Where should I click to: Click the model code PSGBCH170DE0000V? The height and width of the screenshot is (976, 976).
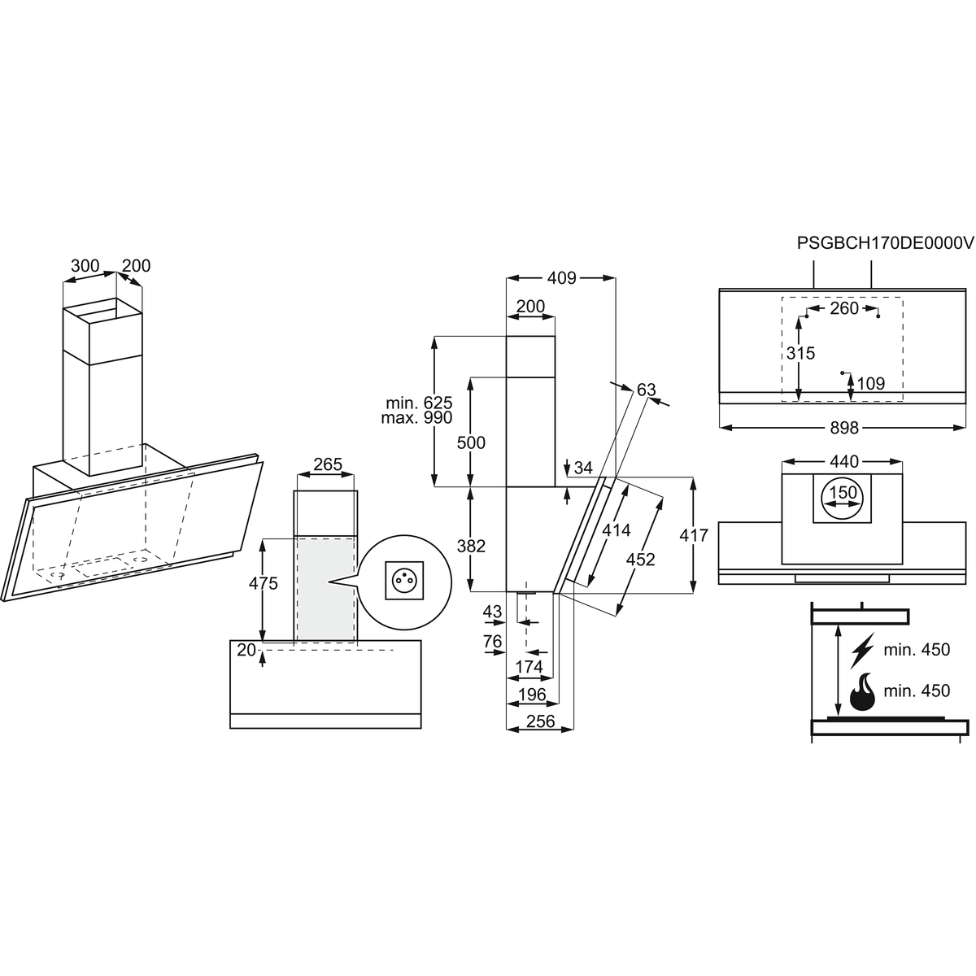pyautogui.click(x=886, y=243)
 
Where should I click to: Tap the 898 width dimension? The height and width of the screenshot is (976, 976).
pyautogui.click(x=844, y=428)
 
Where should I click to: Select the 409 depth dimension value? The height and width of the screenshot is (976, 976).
pyautogui.click(x=562, y=277)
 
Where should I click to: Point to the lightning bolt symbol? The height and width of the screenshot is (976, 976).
pyautogui.click(x=863, y=651)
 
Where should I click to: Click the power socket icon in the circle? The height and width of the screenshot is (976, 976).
pyautogui.click(x=404, y=580)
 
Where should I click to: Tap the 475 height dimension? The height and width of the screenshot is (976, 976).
pyautogui.click(x=264, y=583)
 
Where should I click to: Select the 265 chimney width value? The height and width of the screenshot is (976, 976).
pyautogui.click(x=328, y=464)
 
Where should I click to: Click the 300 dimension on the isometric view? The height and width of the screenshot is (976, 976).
pyautogui.click(x=85, y=265)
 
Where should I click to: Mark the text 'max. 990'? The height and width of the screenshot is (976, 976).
pyautogui.click(x=416, y=418)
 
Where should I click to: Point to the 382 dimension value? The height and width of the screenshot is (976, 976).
pyautogui.click(x=471, y=546)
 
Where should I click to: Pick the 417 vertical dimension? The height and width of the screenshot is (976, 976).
pyautogui.click(x=694, y=535)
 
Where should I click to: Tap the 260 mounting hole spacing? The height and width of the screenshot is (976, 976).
pyautogui.click(x=844, y=308)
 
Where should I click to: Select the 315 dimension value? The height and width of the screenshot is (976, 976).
pyautogui.click(x=801, y=352)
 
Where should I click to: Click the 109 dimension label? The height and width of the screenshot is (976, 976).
pyautogui.click(x=870, y=383)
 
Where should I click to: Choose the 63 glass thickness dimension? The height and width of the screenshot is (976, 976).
pyautogui.click(x=646, y=389)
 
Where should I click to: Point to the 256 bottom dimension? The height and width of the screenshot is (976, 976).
pyautogui.click(x=540, y=721)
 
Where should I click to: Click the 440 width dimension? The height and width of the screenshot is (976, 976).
pyautogui.click(x=844, y=461)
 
